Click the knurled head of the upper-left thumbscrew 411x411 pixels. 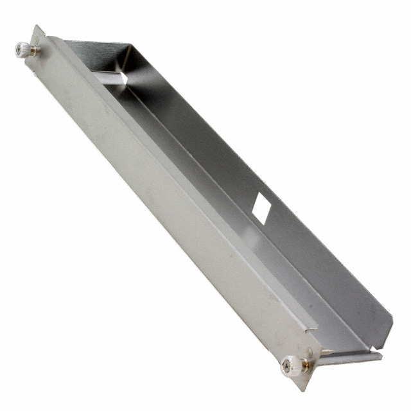[22, 49]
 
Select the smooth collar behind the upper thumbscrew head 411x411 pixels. [32, 49]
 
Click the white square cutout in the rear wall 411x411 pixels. [261, 206]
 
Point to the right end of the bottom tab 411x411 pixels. [380, 354]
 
